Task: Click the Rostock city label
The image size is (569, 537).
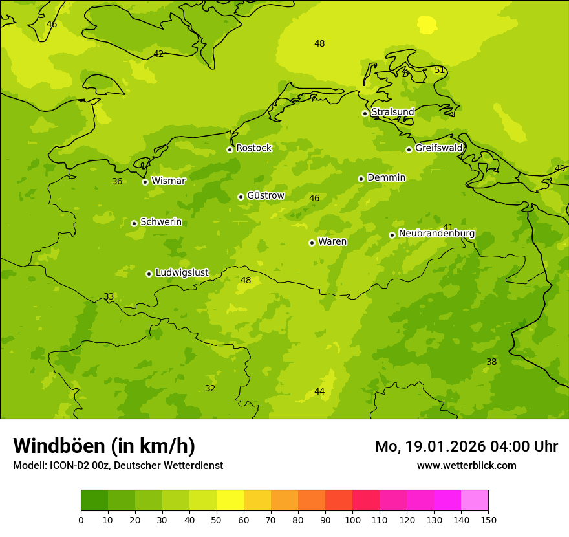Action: click(253, 148)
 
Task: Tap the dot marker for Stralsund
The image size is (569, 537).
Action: click(365, 113)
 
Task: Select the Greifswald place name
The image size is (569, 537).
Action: click(438, 148)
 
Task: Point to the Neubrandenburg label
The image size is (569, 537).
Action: click(436, 234)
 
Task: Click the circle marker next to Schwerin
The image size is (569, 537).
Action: click(134, 223)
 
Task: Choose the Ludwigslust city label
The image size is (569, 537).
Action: click(182, 273)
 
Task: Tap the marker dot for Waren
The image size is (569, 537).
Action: click(312, 243)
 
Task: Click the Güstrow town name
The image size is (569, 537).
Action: click(265, 195)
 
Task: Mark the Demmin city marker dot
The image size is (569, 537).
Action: click(361, 179)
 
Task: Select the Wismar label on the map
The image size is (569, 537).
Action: click(168, 181)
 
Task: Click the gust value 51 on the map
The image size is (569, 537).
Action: click(440, 70)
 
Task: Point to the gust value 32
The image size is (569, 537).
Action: click(210, 388)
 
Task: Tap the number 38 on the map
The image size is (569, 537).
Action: click(491, 362)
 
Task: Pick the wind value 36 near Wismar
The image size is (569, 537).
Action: click(117, 181)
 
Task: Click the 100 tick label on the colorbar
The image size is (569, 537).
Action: click(352, 520)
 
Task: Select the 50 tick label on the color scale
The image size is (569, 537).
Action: click(217, 520)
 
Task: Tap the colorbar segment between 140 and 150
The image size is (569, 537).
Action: click(475, 501)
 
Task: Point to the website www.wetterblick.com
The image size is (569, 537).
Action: click(466, 465)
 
